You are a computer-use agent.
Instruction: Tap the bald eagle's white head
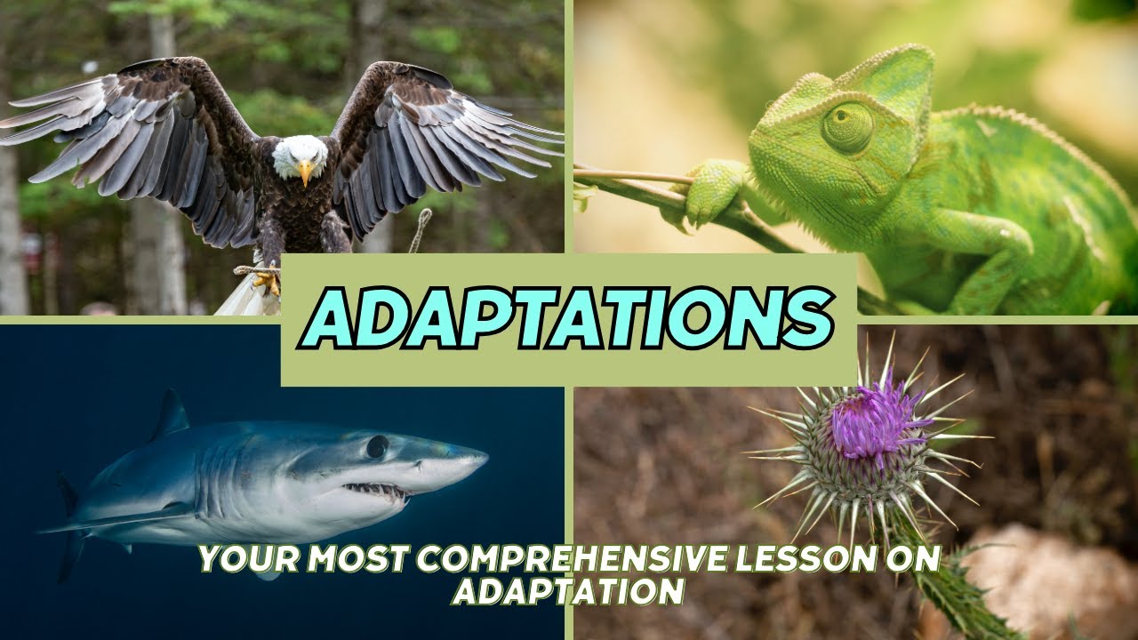(299, 156)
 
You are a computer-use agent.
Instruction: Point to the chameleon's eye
(846, 128)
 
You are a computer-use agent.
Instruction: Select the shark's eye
(377, 446)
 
